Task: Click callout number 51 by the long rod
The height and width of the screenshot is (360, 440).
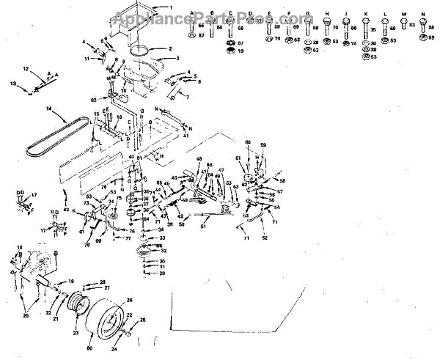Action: pos(202,227)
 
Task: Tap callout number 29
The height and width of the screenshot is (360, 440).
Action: pos(163,273)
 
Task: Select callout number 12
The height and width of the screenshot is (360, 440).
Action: pos(24,68)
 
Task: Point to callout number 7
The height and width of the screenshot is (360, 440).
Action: pos(186,98)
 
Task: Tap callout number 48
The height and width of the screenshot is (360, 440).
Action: pos(199,159)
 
